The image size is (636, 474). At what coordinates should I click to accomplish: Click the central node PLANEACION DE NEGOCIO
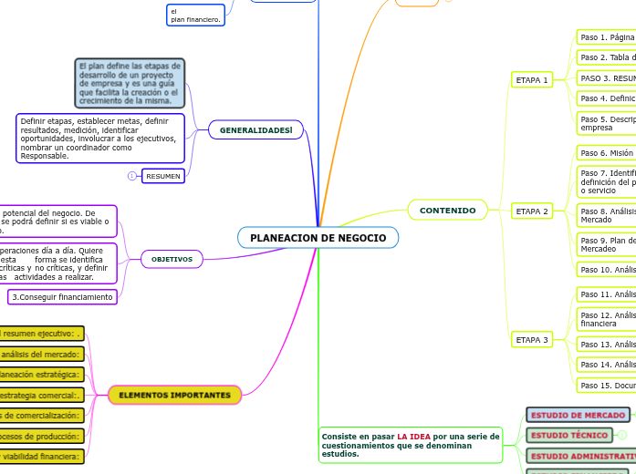pyautogui.click(x=318, y=238)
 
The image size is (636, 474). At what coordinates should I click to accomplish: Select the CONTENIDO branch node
pyautogui.click(x=447, y=211)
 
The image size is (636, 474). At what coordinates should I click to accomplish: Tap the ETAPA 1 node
pyautogui.click(x=532, y=80)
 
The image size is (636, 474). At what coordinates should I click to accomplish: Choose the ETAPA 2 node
pyautogui.click(x=532, y=211)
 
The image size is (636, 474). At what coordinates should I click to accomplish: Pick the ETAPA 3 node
pyautogui.click(x=532, y=340)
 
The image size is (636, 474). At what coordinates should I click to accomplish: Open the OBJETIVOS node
pyautogui.click(x=172, y=259)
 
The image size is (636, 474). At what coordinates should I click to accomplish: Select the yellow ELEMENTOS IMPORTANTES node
pyautogui.click(x=175, y=395)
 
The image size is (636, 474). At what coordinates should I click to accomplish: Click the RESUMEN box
pyautogui.click(x=163, y=175)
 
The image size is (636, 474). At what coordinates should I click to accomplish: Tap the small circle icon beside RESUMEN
pyautogui.click(x=132, y=175)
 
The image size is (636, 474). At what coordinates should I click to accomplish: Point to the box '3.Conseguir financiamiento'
pyautogui.click(x=63, y=297)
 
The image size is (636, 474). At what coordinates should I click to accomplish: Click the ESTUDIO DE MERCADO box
pyautogui.click(x=578, y=415)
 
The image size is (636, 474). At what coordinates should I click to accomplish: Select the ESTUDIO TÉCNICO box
pyautogui.click(x=568, y=435)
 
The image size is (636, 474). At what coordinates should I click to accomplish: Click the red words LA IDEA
pyautogui.click(x=413, y=437)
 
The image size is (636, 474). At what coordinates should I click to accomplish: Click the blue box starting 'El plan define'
pyautogui.click(x=130, y=83)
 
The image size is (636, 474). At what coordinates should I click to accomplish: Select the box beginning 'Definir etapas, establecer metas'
pyautogui.click(x=100, y=139)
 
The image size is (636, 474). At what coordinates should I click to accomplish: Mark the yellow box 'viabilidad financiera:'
pyautogui.click(x=41, y=456)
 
